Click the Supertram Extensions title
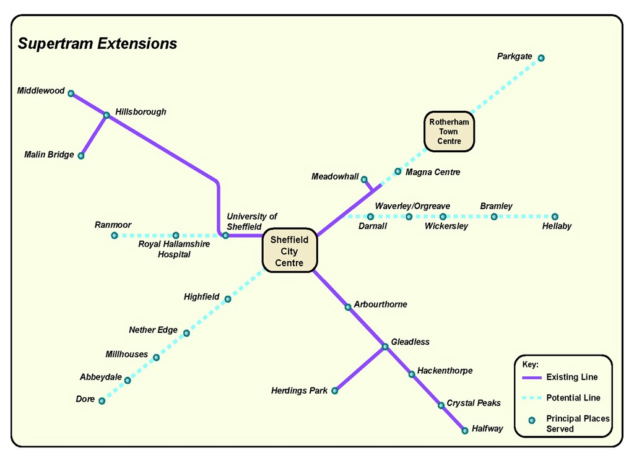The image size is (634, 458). pos(97,44)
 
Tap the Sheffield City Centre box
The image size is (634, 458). pos(289,251)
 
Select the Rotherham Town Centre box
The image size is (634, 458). pos(449,131)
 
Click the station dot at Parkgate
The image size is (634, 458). pos(541,58)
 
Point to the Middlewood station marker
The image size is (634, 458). pos(71,93)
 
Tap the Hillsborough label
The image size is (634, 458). pos(141,112)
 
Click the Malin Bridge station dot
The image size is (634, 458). pos(81,155)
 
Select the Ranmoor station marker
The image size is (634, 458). pos(115,236)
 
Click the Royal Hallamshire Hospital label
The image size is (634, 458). pos(174,249)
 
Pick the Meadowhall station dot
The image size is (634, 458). pos(364,179)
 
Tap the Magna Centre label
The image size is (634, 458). pos(433,172)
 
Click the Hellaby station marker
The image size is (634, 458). pos(555,217)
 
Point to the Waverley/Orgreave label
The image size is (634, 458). pos(412,206)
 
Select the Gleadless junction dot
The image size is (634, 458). pos(384,347)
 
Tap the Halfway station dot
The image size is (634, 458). pos(465,430)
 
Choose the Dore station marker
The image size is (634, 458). pos(102,401)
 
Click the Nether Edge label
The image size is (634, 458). pos(153,330)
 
